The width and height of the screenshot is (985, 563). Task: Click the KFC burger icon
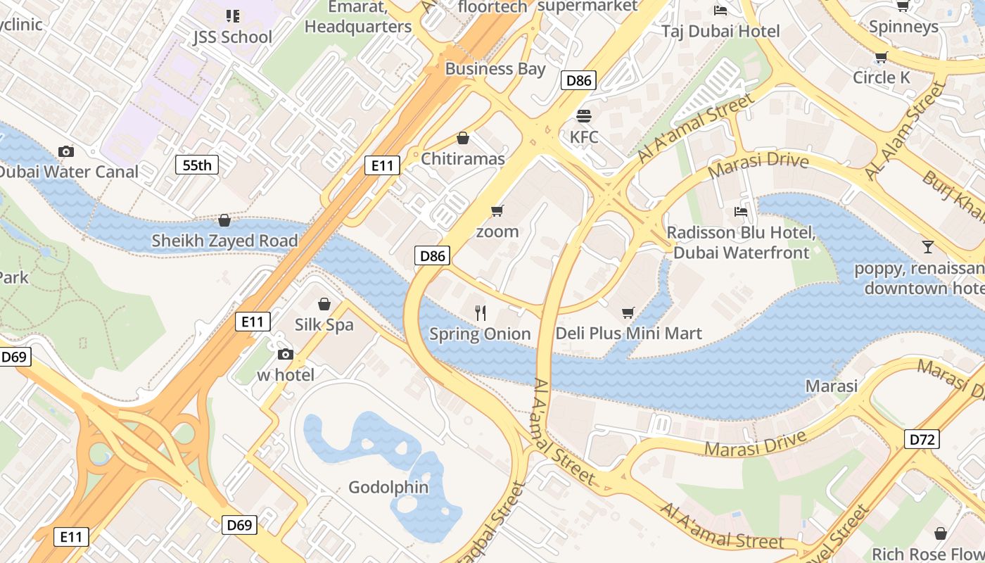click(583, 115)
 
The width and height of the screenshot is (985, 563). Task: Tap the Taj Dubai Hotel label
click(720, 31)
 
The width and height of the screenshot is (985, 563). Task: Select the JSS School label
click(232, 37)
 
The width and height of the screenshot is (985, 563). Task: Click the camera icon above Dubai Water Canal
click(66, 151)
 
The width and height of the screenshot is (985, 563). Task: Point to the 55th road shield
click(197, 165)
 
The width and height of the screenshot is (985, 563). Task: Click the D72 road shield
click(922, 440)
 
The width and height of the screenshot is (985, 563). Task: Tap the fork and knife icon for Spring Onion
click(481, 313)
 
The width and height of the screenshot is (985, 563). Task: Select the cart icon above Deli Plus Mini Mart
click(628, 312)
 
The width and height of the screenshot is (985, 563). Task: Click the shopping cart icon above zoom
click(497, 210)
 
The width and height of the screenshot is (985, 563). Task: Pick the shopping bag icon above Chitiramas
click(463, 138)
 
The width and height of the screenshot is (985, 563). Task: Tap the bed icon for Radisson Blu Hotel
click(741, 211)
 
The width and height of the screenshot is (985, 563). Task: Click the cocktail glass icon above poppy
click(928, 247)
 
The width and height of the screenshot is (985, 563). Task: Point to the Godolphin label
click(388, 487)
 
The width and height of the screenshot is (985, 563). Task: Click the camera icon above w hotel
click(285, 354)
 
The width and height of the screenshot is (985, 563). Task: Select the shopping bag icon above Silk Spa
click(324, 304)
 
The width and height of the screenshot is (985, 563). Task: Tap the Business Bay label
click(495, 69)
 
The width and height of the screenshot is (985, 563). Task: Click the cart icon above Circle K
click(881, 57)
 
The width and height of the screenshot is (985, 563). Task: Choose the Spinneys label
click(903, 27)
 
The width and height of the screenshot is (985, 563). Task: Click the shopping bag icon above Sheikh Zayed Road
click(224, 220)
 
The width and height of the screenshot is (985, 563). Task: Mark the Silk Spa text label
click(324, 325)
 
